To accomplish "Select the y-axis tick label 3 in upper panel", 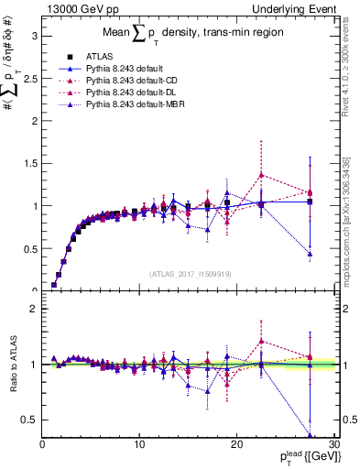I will point(34,37).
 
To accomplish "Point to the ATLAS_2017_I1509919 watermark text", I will point(191,273).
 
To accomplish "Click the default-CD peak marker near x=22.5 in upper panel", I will point(261,175).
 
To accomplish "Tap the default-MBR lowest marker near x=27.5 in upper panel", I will point(311,254).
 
